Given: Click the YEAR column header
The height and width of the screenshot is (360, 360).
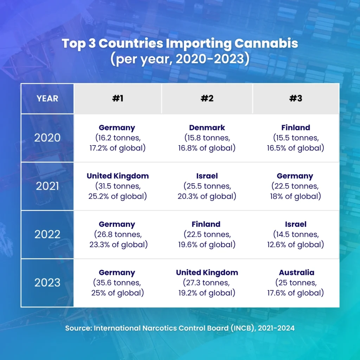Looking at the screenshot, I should [x=47, y=98].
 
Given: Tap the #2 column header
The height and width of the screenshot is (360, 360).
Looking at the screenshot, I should [x=207, y=98].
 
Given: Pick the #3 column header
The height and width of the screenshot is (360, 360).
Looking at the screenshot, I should [x=295, y=98].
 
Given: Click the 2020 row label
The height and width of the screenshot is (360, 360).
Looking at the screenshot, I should [x=47, y=138].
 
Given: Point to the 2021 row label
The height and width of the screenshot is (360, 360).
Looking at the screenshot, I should [x=47, y=186].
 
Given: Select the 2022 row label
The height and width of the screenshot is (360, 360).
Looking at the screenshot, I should [x=47, y=234].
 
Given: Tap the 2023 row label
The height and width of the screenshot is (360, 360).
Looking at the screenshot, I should [x=47, y=283].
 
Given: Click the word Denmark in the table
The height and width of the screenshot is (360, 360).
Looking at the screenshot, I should [x=207, y=128].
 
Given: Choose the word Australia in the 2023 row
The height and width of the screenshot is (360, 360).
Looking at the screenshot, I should [x=296, y=272].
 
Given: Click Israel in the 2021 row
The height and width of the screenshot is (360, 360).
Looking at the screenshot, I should [x=207, y=176].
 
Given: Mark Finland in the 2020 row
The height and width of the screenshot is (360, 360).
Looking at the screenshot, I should [x=295, y=128].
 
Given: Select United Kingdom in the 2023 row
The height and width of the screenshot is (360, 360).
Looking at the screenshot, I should [x=207, y=272].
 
